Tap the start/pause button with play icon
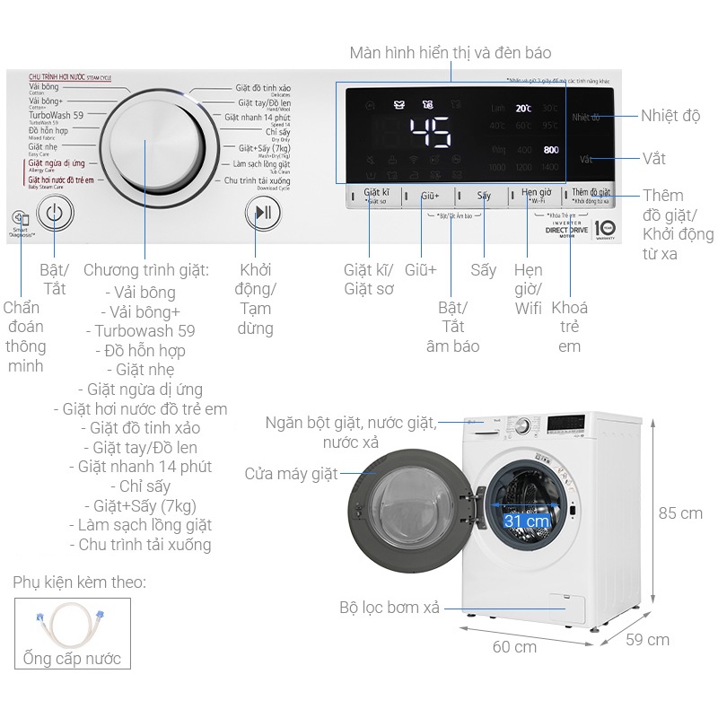[x=263, y=213]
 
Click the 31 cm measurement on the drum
[x=526, y=521]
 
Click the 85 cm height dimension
[x=679, y=513]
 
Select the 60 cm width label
[x=514, y=646]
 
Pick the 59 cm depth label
[x=647, y=640]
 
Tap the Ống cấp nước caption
[x=67, y=660]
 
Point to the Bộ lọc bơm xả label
[x=390, y=608]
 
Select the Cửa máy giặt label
[x=291, y=474]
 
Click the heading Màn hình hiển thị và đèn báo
[x=451, y=53]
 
